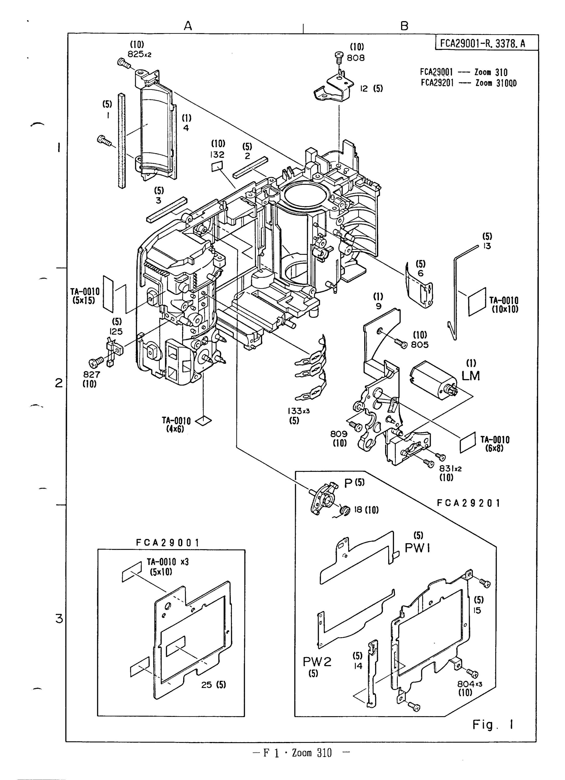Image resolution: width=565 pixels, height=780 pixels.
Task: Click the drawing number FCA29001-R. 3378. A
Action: pos(483,43)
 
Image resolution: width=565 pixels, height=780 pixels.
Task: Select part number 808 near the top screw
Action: pos(356,58)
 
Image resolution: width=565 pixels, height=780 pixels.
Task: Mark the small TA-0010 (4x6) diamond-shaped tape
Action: pos(203,420)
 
